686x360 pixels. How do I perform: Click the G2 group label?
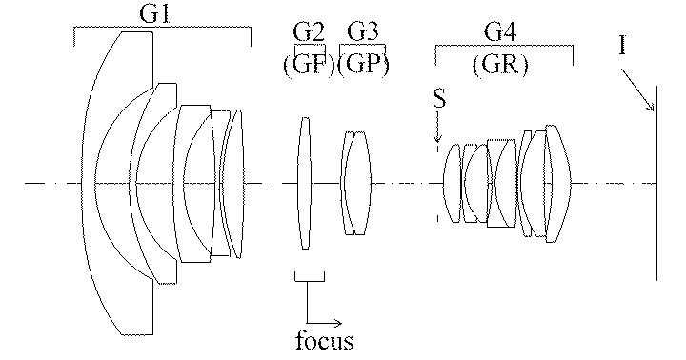coord(311,32)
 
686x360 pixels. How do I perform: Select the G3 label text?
coord(363,32)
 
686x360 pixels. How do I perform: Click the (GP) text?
coord(363,65)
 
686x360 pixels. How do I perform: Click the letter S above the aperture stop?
coord(437,99)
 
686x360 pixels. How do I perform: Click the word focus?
coord(324,339)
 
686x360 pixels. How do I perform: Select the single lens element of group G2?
coord(304,183)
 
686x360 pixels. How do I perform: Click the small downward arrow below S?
coord(437,131)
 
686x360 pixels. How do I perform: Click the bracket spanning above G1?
coord(161,30)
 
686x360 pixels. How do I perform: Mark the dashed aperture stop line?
coord(437,190)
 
